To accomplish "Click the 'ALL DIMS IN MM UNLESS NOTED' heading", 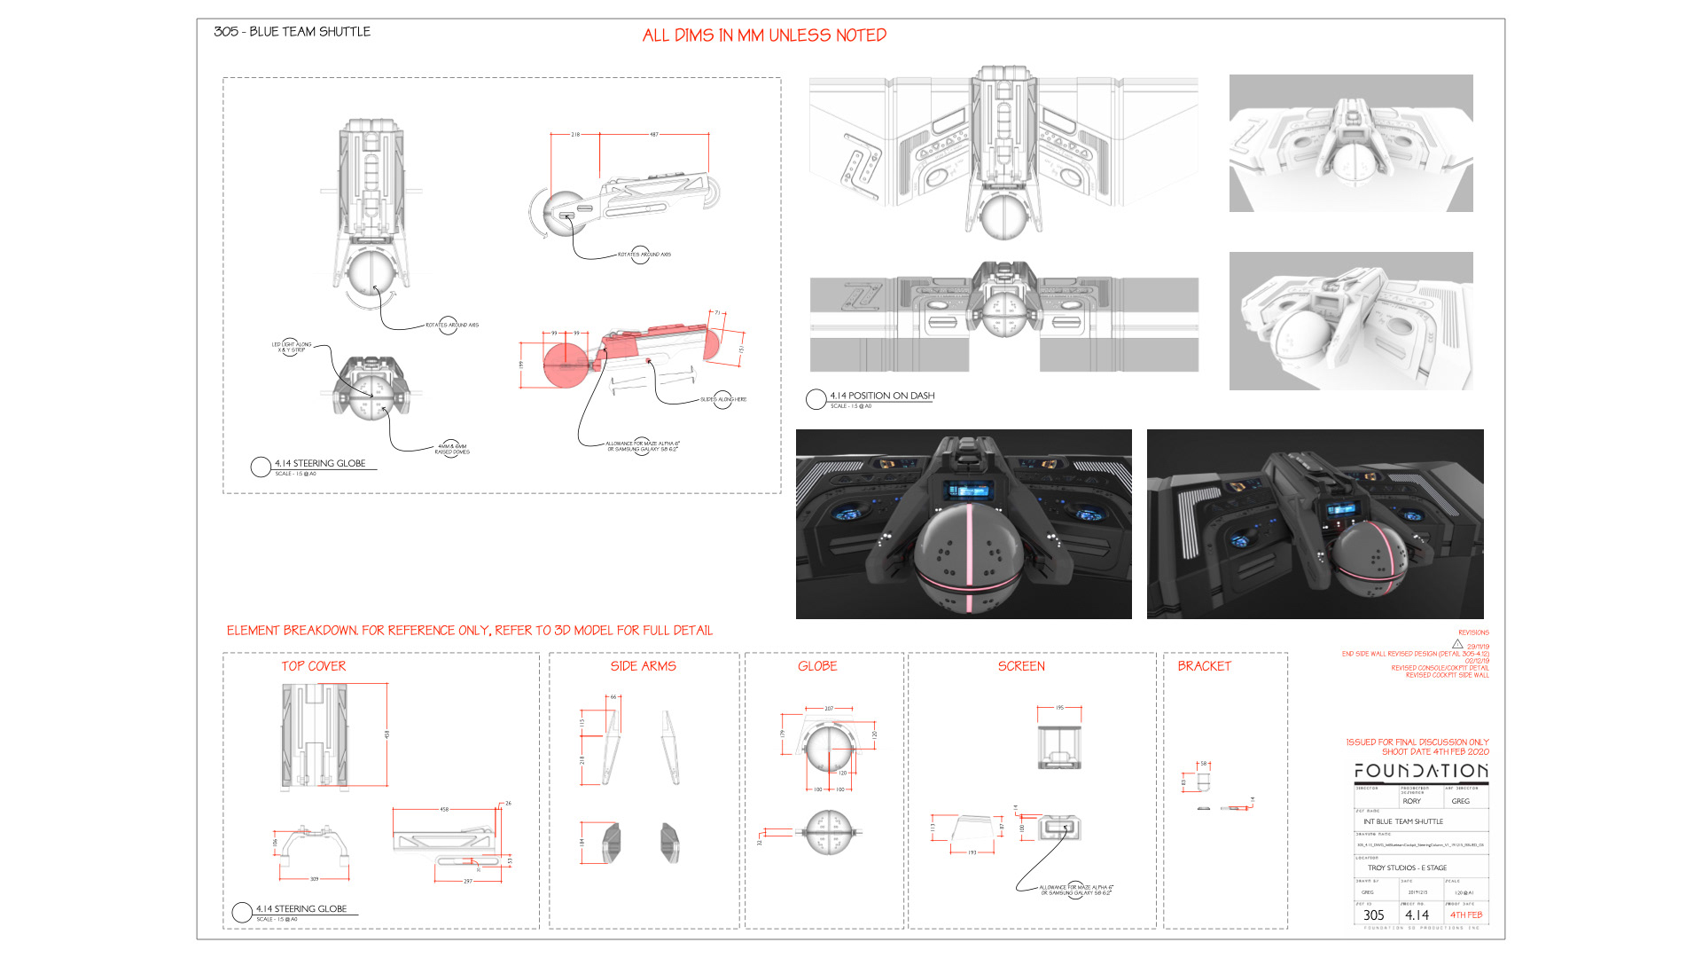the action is (764, 35).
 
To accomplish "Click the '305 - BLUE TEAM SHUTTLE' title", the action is (292, 32).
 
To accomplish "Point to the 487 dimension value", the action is (654, 135).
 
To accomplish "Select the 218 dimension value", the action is (575, 135).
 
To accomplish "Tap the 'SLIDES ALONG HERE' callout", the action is (723, 400).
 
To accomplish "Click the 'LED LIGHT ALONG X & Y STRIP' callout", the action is (292, 347).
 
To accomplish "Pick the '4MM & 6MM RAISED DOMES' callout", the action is (452, 449).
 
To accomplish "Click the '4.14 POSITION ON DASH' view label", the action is (881, 396).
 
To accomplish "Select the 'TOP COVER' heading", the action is (314, 666).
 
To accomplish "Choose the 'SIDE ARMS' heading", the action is (643, 666).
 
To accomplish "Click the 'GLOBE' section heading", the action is (817, 666).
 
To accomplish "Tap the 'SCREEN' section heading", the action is (1021, 666).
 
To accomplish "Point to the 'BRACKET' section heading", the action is (1204, 666).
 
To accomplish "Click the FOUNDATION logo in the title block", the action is (1421, 771).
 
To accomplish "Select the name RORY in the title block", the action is (1412, 801).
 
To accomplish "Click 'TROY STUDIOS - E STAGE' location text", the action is (1407, 868).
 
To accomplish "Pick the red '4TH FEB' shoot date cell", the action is (1466, 915).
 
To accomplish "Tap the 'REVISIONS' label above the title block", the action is (1473, 632).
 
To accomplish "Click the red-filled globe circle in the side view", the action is (563, 365).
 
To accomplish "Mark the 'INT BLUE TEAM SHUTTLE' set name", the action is (1403, 821).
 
